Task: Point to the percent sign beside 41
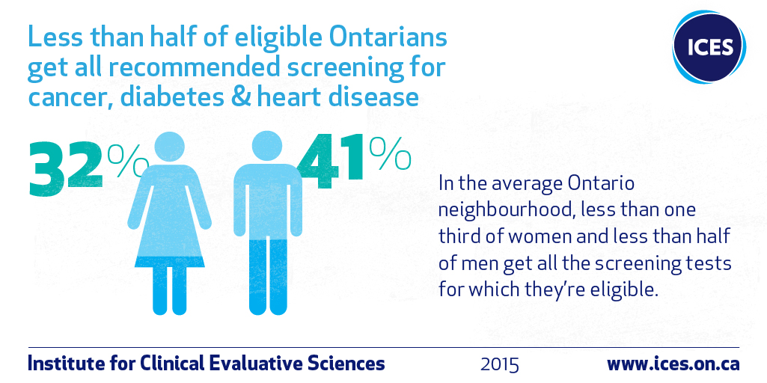point(390,153)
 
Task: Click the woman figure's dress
point(169,216)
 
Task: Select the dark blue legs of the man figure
point(268,277)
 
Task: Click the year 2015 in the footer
point(499,365)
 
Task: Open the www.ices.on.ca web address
point(673,364)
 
